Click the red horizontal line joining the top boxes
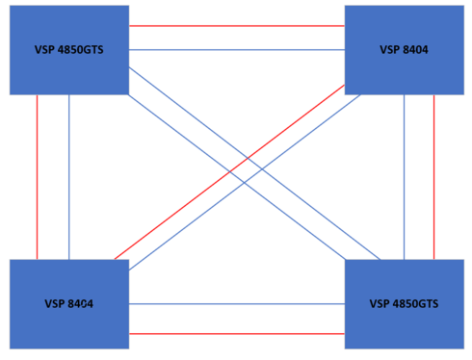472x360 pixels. pyautogui.click(x=236, y=25)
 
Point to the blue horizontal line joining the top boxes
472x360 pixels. pyautogui.click(x=236, y=48)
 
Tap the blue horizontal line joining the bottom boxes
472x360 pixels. pyautogui.click(x=236, y=304)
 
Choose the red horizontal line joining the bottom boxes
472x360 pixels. pyautogui.click(x=236, y=333)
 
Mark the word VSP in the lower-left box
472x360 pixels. pyautogui.click(x=54, y=304)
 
